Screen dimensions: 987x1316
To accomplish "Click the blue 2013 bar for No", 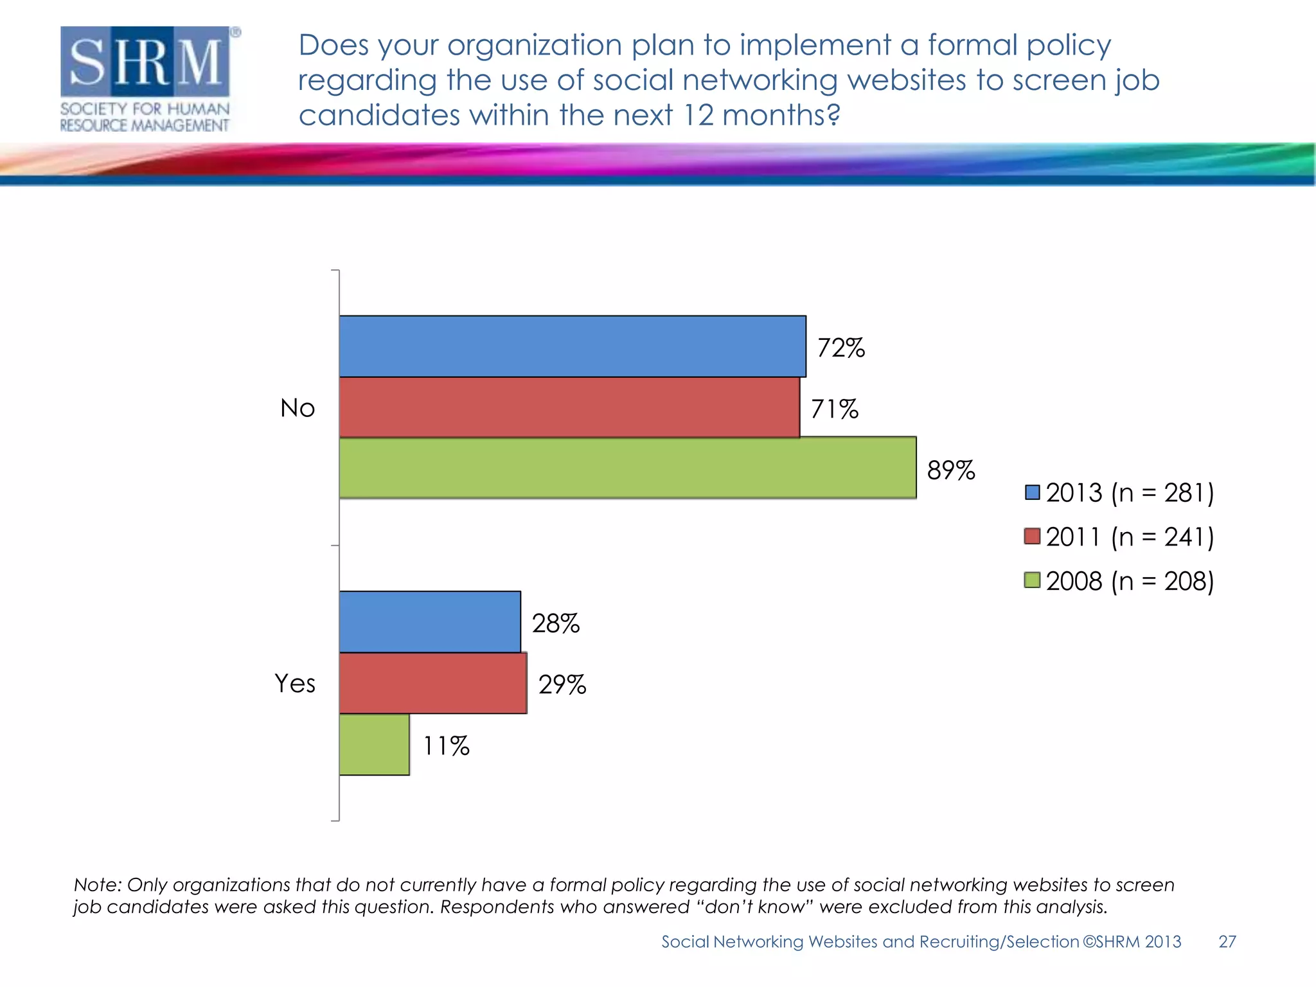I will tap(572, 346).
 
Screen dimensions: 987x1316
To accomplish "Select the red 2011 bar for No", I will tap(569, 407).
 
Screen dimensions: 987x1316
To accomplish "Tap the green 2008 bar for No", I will tap(627, 468).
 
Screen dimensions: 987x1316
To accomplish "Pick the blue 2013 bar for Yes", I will tap(430, 622).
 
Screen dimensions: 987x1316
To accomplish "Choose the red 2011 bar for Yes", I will tap(433, 683).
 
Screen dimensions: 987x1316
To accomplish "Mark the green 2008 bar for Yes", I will tap(374, 745).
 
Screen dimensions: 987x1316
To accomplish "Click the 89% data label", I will tap(950, 470).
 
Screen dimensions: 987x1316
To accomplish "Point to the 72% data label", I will tap(840, 348).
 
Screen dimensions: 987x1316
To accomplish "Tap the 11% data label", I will tap(446, 746).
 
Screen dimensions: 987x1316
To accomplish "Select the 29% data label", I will tap(562, 684).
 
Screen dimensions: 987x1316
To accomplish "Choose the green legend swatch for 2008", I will tap(1032, 580).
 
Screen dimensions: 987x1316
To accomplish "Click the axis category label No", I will tap(298, 408).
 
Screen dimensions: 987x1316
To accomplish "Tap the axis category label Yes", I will tap(295, 683).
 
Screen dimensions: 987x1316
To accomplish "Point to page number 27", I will tap(1227, 941).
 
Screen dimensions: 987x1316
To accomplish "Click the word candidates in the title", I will tap(379, 116).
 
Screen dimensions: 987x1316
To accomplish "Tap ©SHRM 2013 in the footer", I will tap(1132, 941).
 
